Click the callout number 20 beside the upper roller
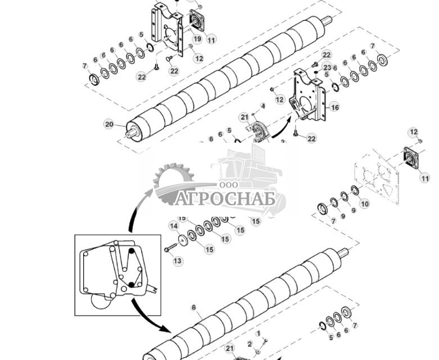point(109,124)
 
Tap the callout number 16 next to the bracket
point(334,107)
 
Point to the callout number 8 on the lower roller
point(194,307)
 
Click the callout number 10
point(364,204)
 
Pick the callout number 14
point(174,226)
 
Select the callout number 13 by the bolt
point(177,261)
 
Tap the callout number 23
point(327,67)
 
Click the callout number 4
point(262,106)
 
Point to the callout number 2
point(250,343)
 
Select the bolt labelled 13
point(170,249)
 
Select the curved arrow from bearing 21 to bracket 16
point(281,127)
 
